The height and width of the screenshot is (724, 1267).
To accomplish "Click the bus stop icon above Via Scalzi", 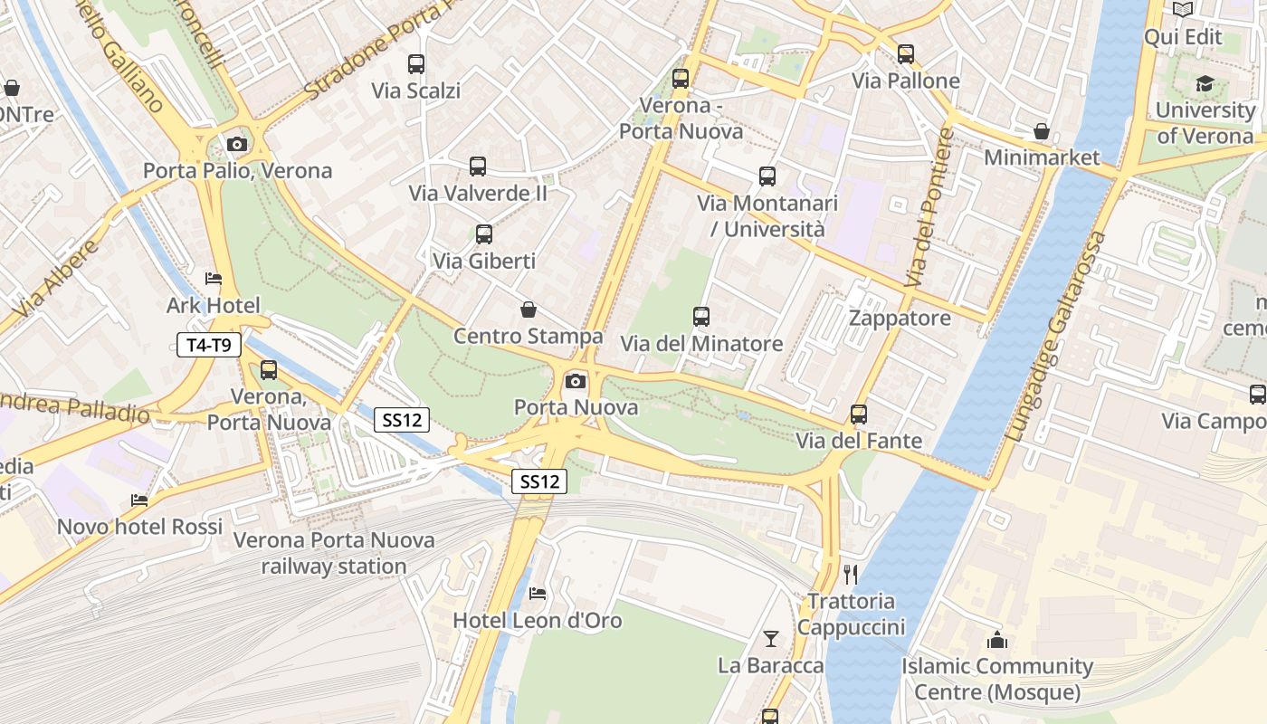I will [416, 64].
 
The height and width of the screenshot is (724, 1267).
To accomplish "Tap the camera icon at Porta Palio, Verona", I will [237, 144].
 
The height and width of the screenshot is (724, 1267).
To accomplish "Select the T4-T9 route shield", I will [209, 345].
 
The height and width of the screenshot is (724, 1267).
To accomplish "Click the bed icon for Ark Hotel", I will [214, 279].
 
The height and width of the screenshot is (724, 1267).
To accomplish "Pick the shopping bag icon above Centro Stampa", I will [529, 310].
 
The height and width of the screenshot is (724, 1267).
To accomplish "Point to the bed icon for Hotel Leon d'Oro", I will [538, 594].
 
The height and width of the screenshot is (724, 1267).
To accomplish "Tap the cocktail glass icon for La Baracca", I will [770, 639].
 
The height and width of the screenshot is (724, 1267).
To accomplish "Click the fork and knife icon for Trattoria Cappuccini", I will [850, 574].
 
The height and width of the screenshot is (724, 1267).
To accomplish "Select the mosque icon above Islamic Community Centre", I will [997, 640].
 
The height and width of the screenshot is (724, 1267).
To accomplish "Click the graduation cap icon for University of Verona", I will [1205, 84].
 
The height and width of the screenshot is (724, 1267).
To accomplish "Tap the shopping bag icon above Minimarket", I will [1042, 131].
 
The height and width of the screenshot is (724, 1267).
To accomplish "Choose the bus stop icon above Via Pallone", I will [906, 54].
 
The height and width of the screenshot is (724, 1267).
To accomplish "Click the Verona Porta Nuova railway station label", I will [334, 553].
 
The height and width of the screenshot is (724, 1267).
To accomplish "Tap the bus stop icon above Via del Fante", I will [859, 414].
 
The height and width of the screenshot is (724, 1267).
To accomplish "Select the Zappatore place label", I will [900, 318].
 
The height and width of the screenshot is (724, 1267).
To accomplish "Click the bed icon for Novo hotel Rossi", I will [139, 500].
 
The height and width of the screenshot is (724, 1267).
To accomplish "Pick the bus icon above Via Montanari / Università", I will [767, 176].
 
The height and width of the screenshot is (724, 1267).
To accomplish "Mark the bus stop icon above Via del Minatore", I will [701, 317].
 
